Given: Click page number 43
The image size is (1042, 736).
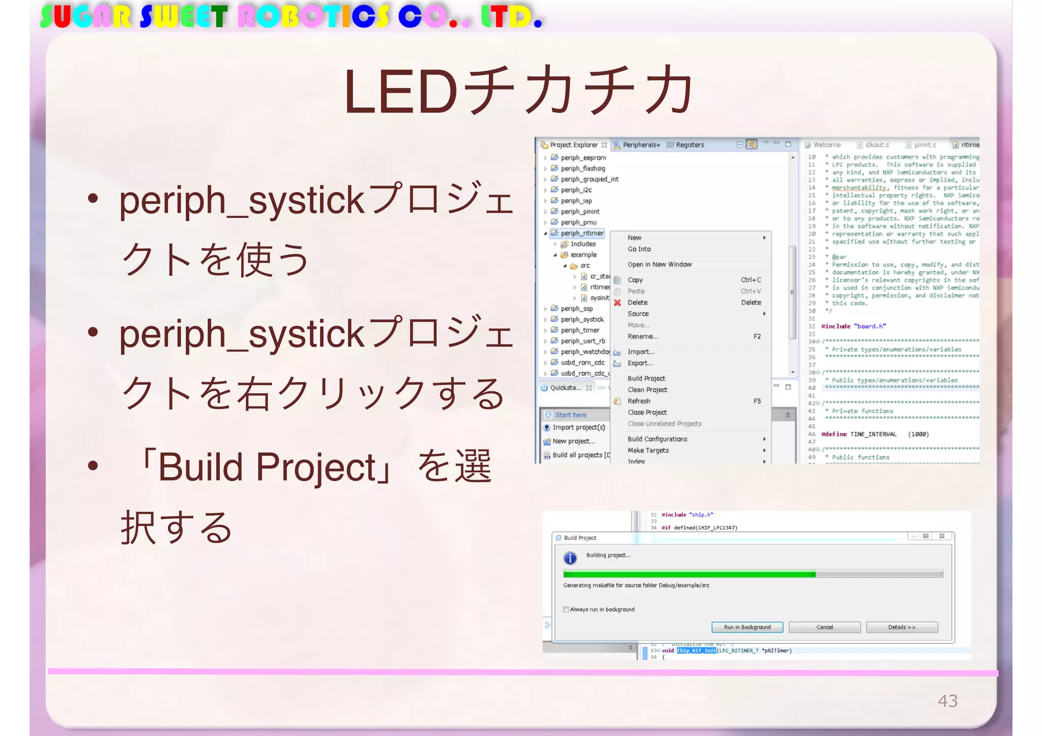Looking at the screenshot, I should (x=947, y=701).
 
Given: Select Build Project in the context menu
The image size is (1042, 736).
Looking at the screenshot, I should (x=646, y=378).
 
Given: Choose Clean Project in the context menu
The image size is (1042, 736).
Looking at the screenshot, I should (x=647, y=390).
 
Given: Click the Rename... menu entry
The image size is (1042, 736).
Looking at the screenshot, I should (x=643, y=336).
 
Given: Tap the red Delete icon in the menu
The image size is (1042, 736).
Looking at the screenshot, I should (x=617, y=303).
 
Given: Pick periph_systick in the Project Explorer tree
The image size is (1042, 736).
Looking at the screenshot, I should (x=582, y=319).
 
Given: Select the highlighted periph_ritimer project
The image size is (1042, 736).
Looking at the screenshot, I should (x=582, y=233).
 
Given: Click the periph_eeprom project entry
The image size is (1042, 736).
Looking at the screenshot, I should (x=583, y=158).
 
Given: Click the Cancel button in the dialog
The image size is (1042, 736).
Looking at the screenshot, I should (x=824, y=627).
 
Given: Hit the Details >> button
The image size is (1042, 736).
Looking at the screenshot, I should (x=902, y=627).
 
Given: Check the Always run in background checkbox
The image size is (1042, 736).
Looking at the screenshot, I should (x=566, y=609).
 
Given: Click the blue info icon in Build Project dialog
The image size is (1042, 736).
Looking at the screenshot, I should (x=570, y=558).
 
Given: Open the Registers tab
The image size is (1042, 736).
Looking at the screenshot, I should (x=689, y=145).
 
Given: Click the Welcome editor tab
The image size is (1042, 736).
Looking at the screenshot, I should (x=826, y=145).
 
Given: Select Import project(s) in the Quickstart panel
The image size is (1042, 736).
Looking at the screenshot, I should (x=578, y=427).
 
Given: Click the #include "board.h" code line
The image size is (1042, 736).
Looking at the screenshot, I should (x=853, y=326).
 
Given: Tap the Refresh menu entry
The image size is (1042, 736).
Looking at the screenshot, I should (x=639, y=401).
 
